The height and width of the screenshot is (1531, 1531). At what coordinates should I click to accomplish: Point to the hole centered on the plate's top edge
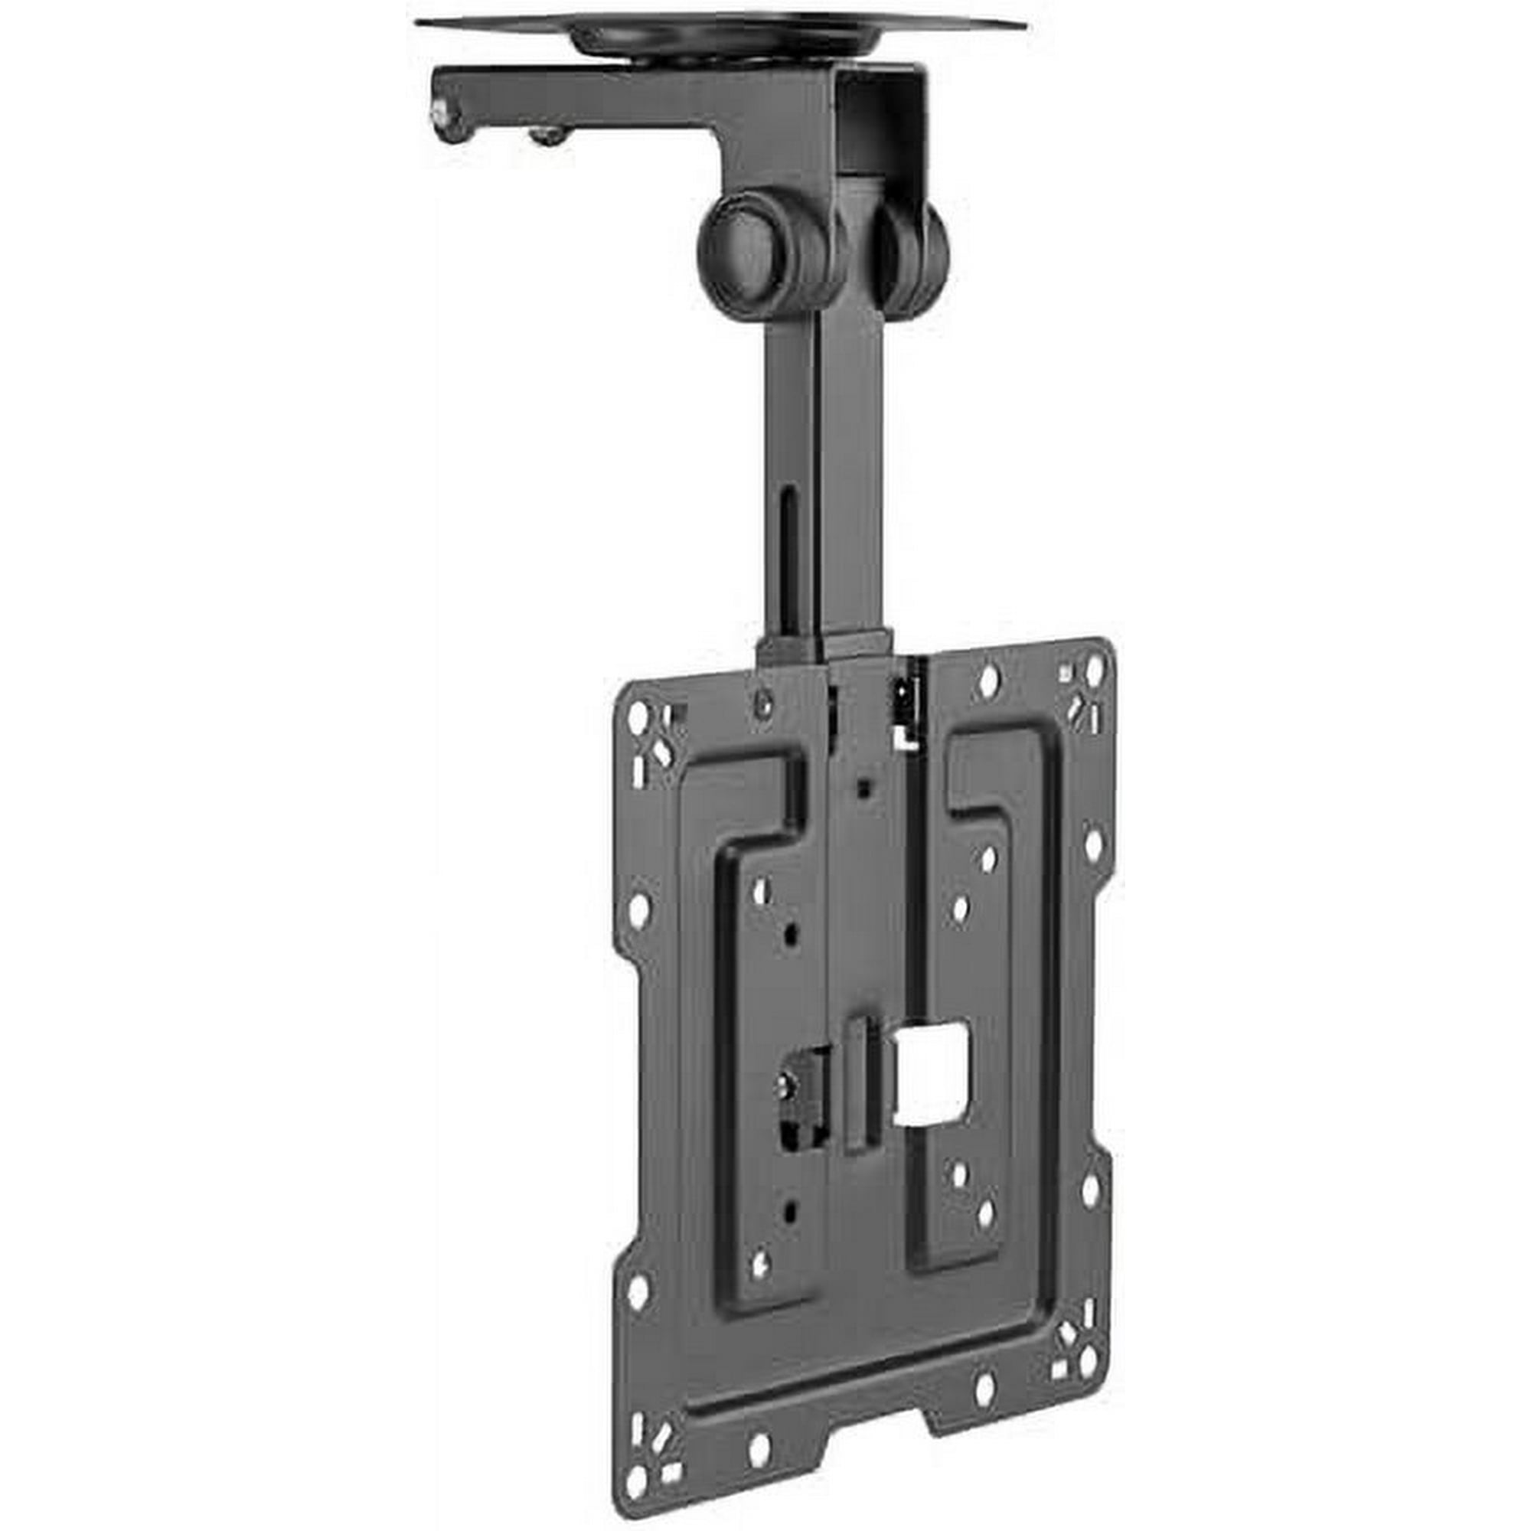(x=988, y=680)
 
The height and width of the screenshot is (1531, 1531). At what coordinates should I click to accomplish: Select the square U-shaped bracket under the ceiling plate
(x=883, y=119)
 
